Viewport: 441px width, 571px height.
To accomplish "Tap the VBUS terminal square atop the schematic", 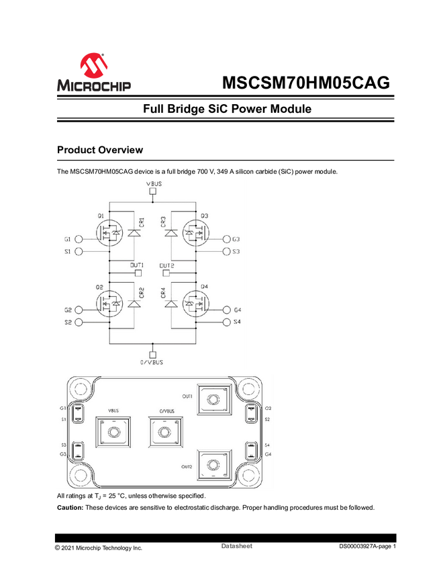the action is point(152,191).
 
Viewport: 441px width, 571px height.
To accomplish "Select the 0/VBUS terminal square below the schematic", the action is point(152,353).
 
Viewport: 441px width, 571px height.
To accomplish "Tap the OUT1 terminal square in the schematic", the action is point(138,273).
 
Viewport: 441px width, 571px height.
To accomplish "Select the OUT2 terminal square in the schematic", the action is point(166,273).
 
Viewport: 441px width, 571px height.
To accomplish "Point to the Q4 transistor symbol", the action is point(195,305).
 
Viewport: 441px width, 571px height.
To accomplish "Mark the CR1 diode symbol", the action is point(134,234).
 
